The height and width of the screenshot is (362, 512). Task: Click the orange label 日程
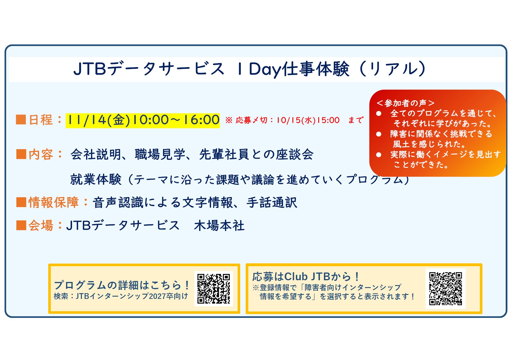41,120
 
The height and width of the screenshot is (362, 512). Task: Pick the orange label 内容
41,154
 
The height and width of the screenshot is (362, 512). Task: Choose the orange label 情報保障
54,202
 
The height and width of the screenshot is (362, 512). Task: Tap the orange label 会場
41,225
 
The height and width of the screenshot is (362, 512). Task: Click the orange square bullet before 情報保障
22,202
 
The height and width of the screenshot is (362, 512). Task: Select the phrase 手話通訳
272,203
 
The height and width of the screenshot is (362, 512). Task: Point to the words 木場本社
219,225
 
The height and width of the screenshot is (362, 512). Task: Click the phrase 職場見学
160,154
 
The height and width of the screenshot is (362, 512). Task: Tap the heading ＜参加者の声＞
405,103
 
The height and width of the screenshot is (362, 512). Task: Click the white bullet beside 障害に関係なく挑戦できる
379,134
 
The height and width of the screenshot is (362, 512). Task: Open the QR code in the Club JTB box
445,289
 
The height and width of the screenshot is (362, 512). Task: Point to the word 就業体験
96,180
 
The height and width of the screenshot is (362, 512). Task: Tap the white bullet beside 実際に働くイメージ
379,155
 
